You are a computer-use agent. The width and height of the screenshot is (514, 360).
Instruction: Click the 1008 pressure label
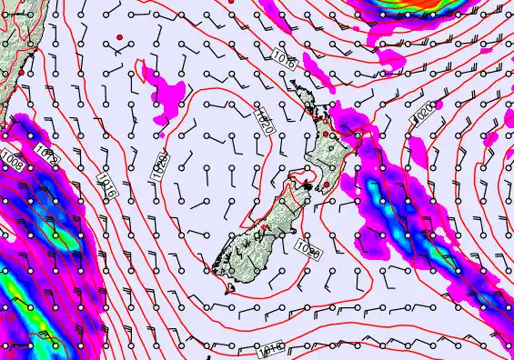(x=12, y=164)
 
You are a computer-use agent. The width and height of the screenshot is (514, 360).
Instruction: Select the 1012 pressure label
(x=48, y=155)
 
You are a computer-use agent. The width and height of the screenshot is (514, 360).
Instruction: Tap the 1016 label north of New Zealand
(x=284, y=61)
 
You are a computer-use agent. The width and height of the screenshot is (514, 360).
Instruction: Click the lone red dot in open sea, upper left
(x=119, y=37)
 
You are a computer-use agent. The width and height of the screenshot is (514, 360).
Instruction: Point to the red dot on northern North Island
(x=325, y=135)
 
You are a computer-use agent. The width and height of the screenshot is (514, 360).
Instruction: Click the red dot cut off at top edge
(x=232, y=2)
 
